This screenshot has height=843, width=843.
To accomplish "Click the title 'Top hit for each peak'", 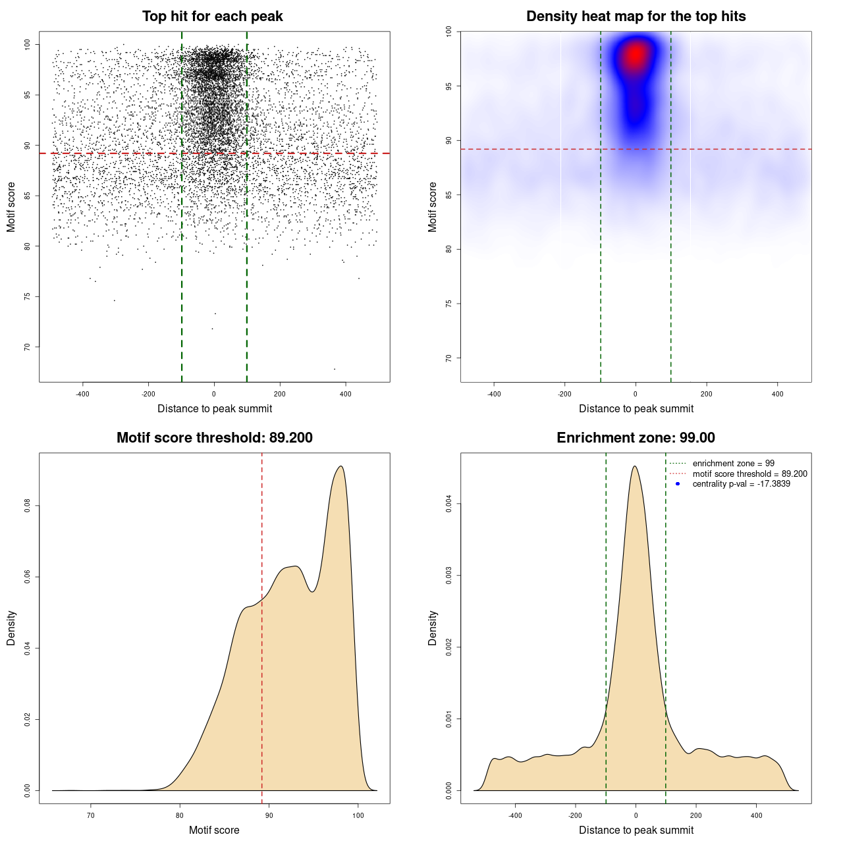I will (212, 16).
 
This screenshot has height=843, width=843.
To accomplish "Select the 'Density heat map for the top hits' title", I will (636, 16).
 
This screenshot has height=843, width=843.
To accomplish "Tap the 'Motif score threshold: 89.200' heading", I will (214, 438).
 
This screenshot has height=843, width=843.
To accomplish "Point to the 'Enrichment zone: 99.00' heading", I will (636, 438).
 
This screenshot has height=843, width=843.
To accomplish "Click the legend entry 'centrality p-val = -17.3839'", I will (741, 484).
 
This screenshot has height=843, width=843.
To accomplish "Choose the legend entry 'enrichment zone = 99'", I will (733, 464).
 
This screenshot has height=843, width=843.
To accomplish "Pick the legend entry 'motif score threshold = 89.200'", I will (749, 474).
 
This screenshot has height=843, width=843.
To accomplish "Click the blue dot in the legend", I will (678, 484).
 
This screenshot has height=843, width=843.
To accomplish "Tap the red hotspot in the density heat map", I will (636, 55).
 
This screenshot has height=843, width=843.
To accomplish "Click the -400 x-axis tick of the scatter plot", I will (82, 394).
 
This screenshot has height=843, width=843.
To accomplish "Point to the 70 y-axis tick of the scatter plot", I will (28, 347).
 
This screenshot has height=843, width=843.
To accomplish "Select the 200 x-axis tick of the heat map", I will (707, 394).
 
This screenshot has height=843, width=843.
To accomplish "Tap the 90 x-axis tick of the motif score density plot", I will (269, 815).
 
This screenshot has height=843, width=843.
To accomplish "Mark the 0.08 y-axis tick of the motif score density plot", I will (28, 506).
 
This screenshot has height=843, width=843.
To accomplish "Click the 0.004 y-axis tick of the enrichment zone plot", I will (449, 504).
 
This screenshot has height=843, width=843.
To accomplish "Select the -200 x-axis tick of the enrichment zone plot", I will (576, 815).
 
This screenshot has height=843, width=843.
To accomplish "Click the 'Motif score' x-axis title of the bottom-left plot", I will (214, 830).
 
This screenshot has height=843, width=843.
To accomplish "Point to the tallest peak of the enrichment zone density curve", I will (635, 466).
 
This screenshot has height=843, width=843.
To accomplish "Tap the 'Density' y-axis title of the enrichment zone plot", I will (433, 628).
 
